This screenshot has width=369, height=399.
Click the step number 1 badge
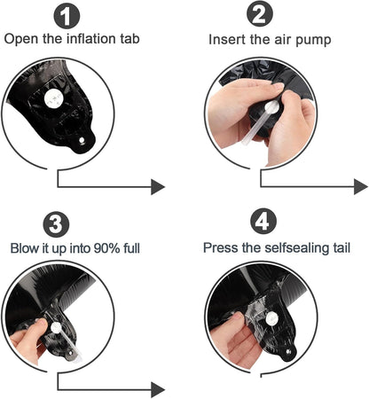(x=67, y=15)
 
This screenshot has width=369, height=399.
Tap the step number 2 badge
(x=260, y=14)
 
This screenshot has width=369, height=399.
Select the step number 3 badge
(x=56, y=224)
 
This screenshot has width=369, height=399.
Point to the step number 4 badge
(x=263, y=221)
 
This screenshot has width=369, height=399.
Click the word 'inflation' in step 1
(x=90, y=39)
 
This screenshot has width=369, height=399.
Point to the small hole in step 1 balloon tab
(x=82, y=140)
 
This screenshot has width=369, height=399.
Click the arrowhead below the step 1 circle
(x=158, y=187)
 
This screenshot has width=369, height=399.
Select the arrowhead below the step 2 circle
(x=361, y=187)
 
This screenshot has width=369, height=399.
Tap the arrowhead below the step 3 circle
(x=158, y=390)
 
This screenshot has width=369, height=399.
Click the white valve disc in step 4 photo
(x=271, y=318)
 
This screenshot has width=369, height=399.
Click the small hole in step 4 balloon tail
(x=288, y=352)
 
